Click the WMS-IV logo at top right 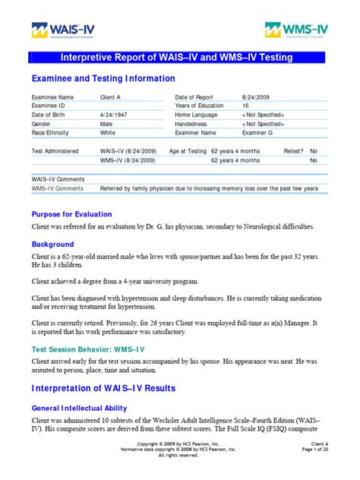click(x=298, y=30)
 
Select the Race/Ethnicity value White click(x=109, y=132)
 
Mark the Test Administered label click(x=55, y=151)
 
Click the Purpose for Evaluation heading click(x=71, y=214)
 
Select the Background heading click(x=52, y=245)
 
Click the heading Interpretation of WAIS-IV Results click(x=115, y=390)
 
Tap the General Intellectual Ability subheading click(x=84, y=407)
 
